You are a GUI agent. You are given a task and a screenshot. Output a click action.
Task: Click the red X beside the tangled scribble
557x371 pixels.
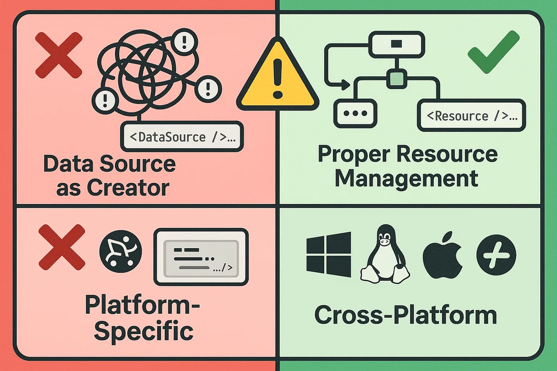58,55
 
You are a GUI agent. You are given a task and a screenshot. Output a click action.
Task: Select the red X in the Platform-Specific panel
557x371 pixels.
62,247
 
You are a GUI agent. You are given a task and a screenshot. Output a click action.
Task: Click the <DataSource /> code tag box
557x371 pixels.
182,137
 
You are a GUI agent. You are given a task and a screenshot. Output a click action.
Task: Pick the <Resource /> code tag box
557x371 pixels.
471,116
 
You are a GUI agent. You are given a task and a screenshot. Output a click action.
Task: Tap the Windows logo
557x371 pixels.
329,254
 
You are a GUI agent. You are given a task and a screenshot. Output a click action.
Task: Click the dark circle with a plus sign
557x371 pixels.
496,255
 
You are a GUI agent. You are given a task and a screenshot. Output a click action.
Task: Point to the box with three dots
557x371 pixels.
355,113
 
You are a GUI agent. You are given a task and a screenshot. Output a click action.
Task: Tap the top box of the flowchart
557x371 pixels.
397,44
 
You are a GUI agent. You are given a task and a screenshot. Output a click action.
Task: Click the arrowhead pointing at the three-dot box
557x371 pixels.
345,84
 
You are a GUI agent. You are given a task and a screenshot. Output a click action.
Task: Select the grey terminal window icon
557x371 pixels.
201,256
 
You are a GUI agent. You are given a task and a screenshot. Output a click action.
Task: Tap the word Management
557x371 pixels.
406,178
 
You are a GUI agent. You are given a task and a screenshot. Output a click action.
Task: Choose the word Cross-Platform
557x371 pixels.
405,315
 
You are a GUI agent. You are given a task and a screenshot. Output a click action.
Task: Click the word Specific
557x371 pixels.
144,331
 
